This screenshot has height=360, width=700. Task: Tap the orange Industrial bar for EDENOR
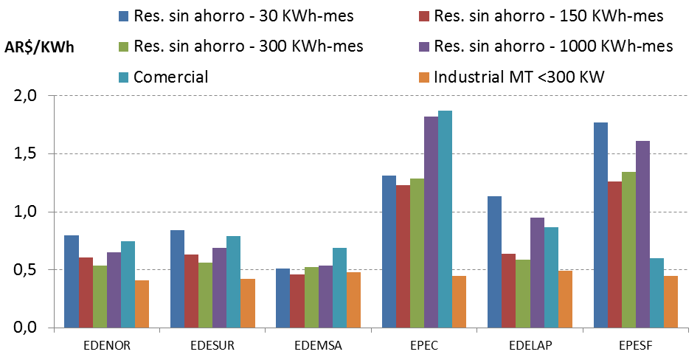pyautogui.click(x=142, y=304)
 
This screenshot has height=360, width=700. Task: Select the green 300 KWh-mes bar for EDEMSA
pyautogui.click(x=311, y=297)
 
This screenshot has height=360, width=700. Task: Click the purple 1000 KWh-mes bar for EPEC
pyautogui.click(x=431, y=222)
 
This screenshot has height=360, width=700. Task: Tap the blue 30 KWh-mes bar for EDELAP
pyautogui.click(x=494, y=262)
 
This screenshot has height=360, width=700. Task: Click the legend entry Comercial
pyautogui.click(x=170, y=77)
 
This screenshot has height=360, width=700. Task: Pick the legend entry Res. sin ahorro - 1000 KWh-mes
pyautogui.click(x=553, y=46)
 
